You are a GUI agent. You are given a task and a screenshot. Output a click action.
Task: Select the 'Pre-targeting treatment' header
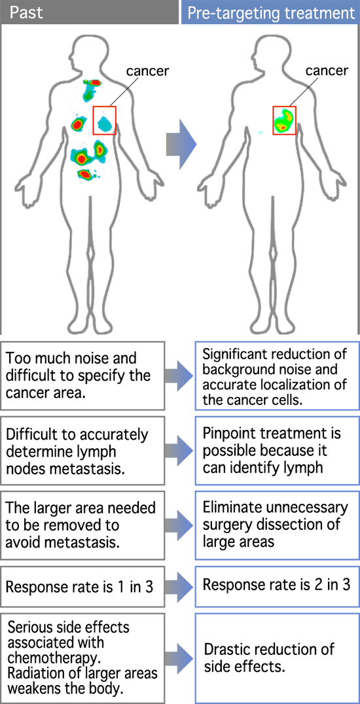click(x=270, y=12)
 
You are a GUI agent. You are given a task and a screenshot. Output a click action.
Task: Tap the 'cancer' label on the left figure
click(x=147, y=71)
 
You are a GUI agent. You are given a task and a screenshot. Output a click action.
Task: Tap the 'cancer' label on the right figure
click(x=327, y=71)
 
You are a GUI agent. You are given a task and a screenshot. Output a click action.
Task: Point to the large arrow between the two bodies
click(x=181, y=145)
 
